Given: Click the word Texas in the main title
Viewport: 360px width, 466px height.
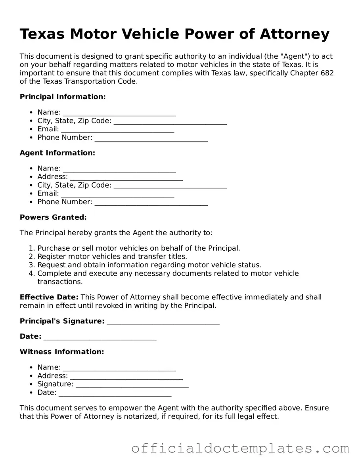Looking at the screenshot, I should click(42, 35).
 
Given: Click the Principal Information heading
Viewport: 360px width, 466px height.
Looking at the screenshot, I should click(63, 97).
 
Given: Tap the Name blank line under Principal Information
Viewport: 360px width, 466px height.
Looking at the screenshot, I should click(119, 113).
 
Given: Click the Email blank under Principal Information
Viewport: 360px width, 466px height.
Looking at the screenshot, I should click(117, 130).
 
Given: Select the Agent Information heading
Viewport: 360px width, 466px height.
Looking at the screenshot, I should click(57, 153).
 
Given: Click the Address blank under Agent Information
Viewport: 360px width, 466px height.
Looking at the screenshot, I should click(126, 177).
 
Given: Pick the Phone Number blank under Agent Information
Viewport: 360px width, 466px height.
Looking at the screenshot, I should click(151, 202).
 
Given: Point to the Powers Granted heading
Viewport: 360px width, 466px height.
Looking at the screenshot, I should click(53, 217).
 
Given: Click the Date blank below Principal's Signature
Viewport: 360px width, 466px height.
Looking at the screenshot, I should click(100, 337).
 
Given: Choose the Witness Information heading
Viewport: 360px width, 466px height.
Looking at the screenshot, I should click(62, 352).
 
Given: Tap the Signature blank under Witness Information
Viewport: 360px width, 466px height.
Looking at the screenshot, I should click(132, 385).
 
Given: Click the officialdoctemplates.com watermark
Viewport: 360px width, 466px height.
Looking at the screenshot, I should click(240, 449).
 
